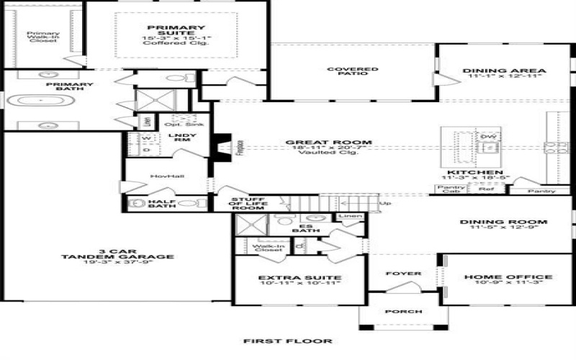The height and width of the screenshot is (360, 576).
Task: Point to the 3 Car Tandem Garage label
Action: (x=118, y=252)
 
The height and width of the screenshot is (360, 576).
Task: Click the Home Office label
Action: (x=508, y=276)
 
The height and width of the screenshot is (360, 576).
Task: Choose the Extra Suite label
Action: (x=300, y=277)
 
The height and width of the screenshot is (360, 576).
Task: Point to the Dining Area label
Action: (x=505, y=71)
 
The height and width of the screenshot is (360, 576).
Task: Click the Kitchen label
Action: (x=474, y=174)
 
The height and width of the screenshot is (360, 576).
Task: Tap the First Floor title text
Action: (x=287, y=341)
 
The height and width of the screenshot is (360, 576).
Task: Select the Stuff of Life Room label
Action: (x=248, y=203)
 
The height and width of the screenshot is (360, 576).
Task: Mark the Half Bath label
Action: (x=163, y=203)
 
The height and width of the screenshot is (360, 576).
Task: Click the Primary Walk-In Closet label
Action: (x=42, y=36)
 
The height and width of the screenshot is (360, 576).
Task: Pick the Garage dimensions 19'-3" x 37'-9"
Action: (x=118, y=263)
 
